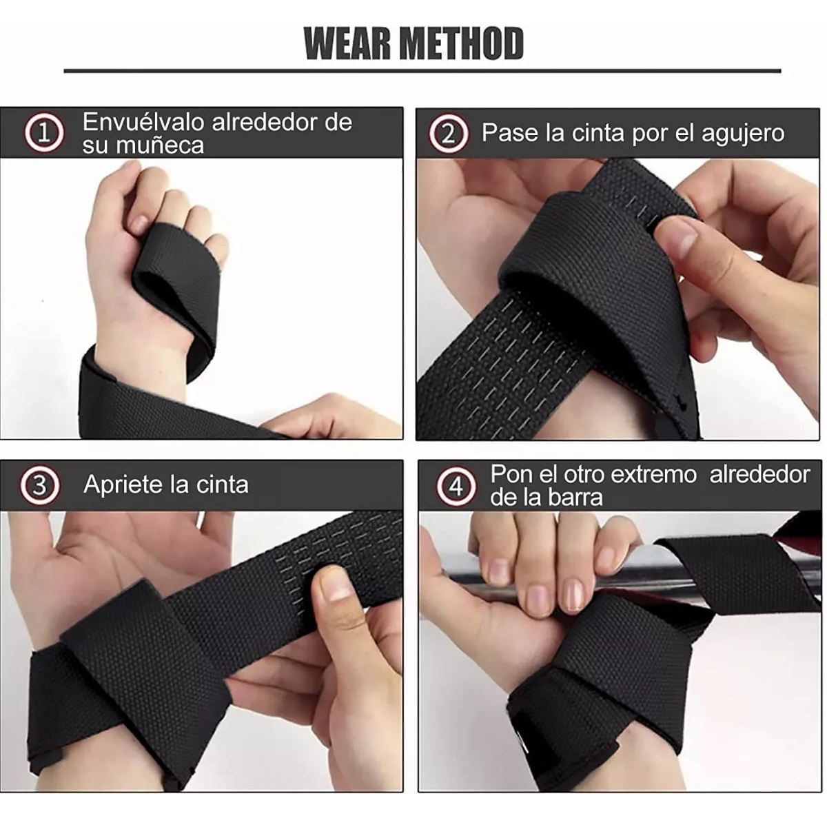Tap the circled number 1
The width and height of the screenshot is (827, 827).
tap(45, 133)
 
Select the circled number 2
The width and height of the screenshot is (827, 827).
tap(448, 133)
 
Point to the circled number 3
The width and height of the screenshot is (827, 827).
tap(39, 485)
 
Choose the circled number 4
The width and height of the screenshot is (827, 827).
tap(456, 487)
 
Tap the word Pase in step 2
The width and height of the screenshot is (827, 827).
tap(510, 132)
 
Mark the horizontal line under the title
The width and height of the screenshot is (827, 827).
tap(422, 70)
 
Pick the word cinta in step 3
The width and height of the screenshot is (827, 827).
tap(221, 484)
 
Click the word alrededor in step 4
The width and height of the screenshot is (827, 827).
tap(760, 474)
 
